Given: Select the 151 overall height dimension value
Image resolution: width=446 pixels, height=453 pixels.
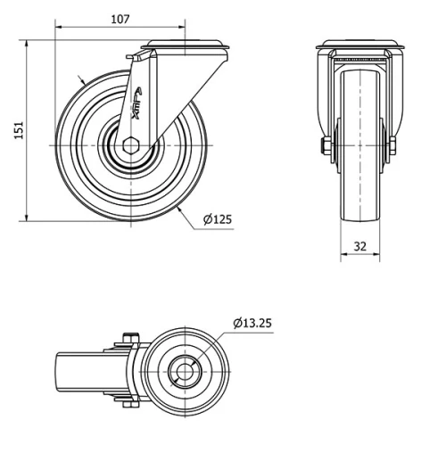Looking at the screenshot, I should pyautogui.click(x=16, y=130).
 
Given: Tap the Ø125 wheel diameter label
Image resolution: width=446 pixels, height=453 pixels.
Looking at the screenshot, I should pyautogui.click(x=219, y=219).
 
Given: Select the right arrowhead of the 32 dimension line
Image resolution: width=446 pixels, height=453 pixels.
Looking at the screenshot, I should pyautogui.click(x=380, y=255).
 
